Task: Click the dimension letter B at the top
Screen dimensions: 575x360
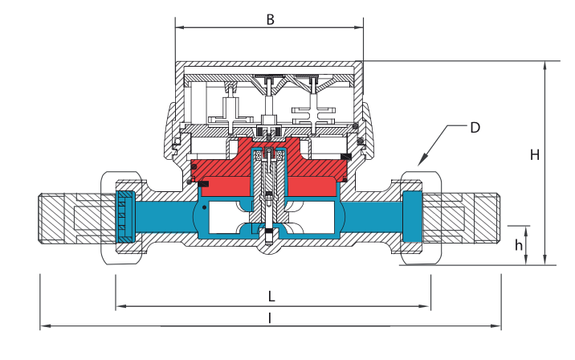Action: coord(271,19)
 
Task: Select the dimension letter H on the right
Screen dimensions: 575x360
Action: coord(535,155)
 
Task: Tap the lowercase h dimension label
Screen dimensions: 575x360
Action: coord(518,245)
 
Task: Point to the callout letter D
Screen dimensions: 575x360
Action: coord(475,128)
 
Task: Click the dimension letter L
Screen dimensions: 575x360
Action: coord(271,297)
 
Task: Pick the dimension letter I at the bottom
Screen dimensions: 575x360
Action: coord(271,318)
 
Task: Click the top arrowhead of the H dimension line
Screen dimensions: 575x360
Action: coord(545,66)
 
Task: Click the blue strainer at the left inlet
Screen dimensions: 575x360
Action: coord(125,216)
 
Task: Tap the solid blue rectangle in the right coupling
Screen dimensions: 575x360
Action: coord(412,216)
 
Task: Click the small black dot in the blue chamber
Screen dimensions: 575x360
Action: coord(204,207)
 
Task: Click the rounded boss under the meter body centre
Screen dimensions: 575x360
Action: coord(269,247)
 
